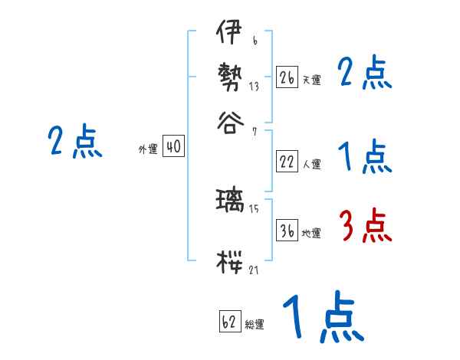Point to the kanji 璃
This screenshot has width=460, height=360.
[x=230, y=201]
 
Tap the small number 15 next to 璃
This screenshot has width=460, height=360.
[x=254, y=208]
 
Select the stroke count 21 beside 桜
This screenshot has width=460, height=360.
[x=254, y=270]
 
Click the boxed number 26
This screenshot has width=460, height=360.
[x=287, y=77]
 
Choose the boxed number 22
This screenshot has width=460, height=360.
[x=287, y=162]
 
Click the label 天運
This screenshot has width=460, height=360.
[x=311, y=79]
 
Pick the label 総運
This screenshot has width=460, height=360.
[x=255, y=325]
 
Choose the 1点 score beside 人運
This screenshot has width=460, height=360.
[x=365, y=159]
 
